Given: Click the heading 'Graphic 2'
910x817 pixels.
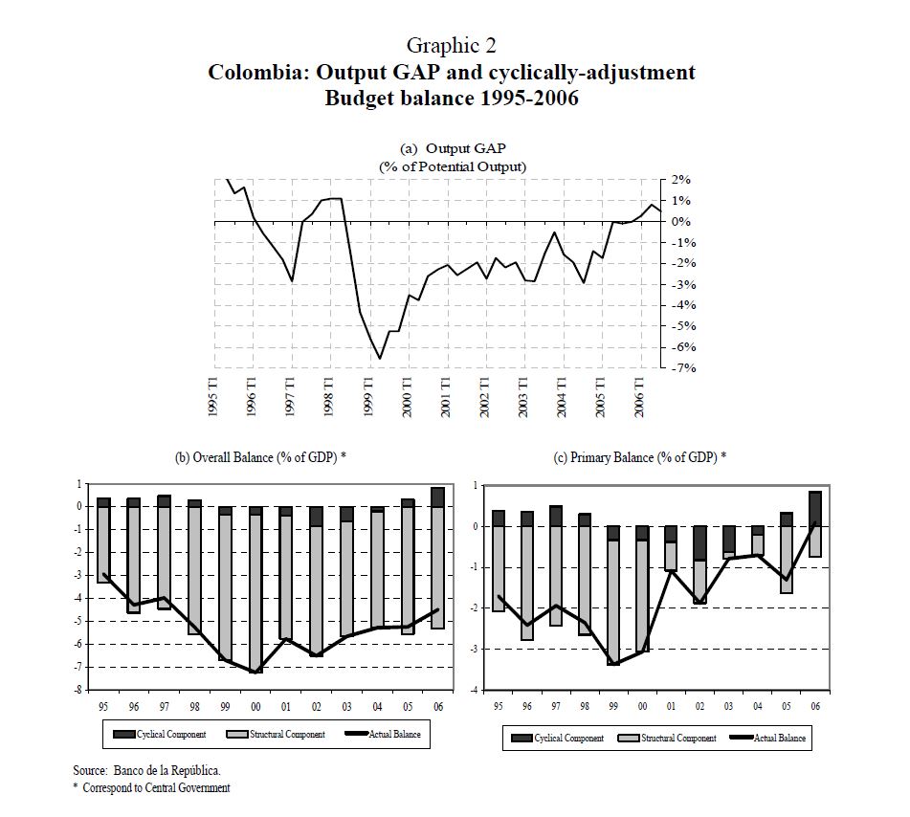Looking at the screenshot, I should click(451, 45).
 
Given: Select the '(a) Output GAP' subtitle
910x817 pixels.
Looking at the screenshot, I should click(453, 148).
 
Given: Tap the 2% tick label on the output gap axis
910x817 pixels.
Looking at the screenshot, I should click(681, 180).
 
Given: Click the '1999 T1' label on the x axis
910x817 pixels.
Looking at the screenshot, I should click(368, 395).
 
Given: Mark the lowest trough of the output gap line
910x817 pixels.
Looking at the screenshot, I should click(380, 359).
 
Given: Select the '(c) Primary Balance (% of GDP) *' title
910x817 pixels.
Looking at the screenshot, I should click(640, 458).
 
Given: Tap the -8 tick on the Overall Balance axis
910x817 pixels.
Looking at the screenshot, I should click(81, 691).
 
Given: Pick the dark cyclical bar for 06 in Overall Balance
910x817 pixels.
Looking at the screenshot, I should click(437, 497).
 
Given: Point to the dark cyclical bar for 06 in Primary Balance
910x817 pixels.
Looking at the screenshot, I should click(815, 508).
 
